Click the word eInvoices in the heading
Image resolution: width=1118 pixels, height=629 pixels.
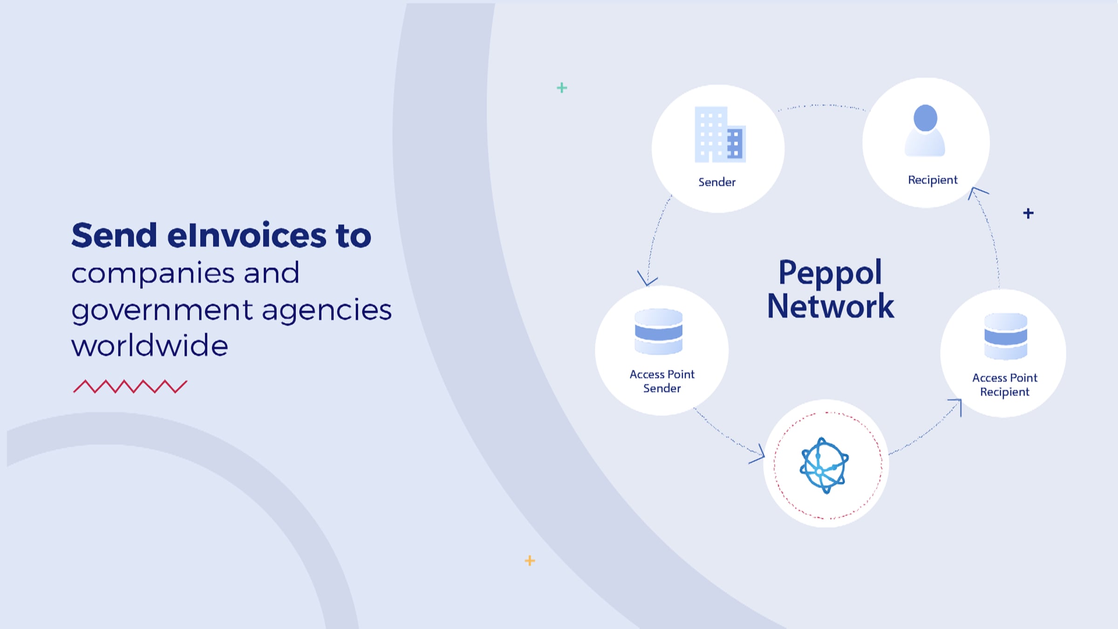click(246, 236)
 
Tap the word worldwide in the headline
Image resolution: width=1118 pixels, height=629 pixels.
click(150, 346)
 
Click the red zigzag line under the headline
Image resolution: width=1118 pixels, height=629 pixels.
click(130, 387)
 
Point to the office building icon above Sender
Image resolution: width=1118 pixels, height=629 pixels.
click(720, 135)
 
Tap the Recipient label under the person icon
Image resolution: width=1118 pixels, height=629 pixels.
click(933, 180)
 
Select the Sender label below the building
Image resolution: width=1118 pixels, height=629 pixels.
click(717, 182)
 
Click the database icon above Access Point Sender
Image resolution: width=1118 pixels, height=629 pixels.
click(659, 332)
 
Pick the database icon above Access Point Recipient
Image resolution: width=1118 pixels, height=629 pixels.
click(1006, 336)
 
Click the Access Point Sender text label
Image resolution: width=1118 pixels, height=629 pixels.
click(662, 381)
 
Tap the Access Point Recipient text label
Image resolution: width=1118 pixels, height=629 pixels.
click(1005, 385)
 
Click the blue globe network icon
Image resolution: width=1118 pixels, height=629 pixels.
click(824, 465)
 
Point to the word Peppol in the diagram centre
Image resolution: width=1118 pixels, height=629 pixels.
click(830, 272)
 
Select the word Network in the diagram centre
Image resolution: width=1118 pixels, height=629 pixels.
click(831, 306)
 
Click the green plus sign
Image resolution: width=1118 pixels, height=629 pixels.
click(562, 88)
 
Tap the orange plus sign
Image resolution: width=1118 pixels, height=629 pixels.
click(530, 561)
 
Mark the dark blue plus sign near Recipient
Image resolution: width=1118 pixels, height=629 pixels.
click(1028, 213)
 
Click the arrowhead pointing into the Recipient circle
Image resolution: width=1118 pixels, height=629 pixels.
click(976, 191)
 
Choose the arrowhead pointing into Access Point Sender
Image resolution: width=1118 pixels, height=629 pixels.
click(647, 279)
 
